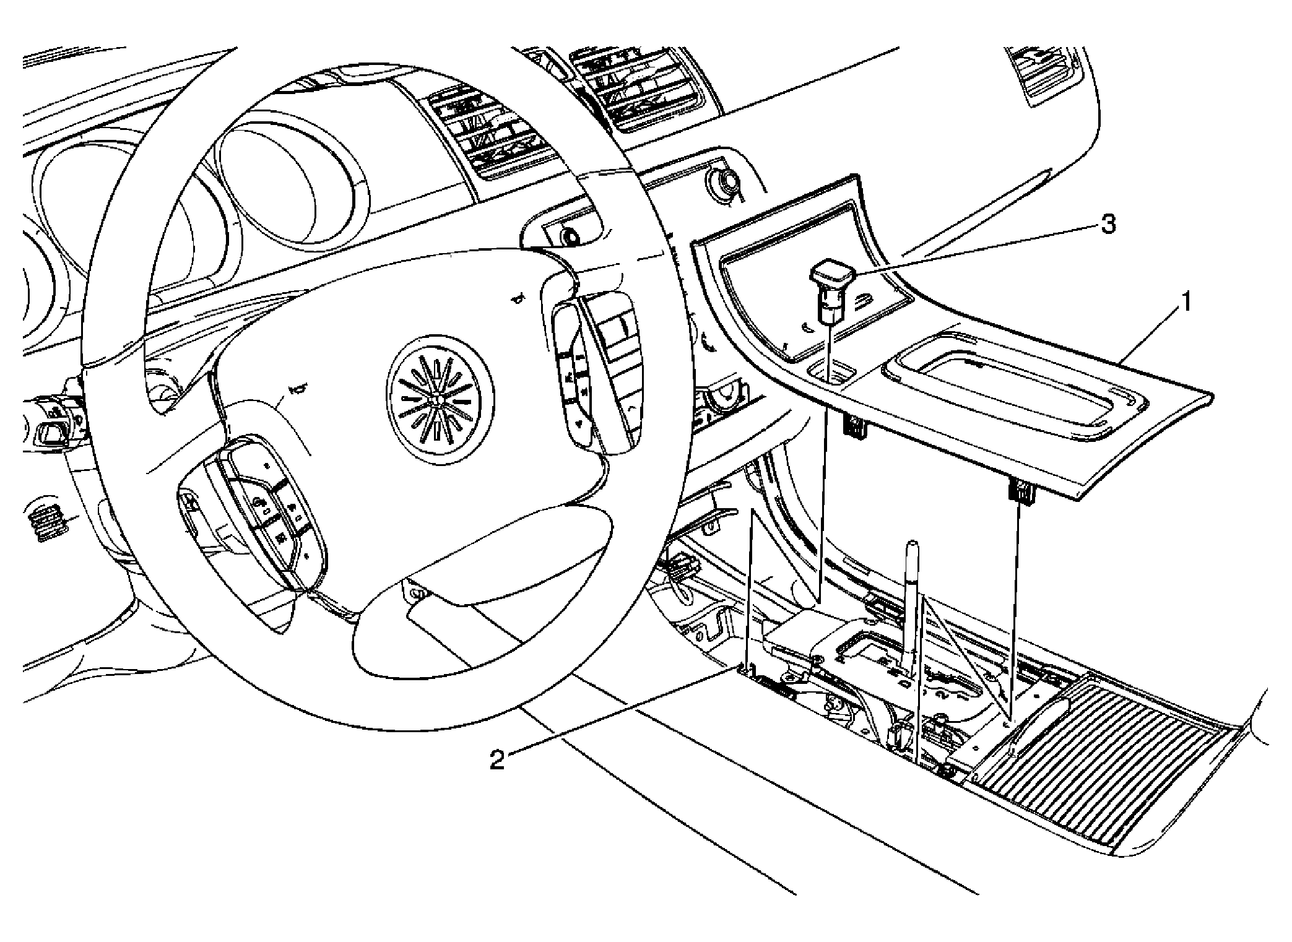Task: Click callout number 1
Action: [1185, 304]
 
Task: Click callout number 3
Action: [1107, 225]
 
